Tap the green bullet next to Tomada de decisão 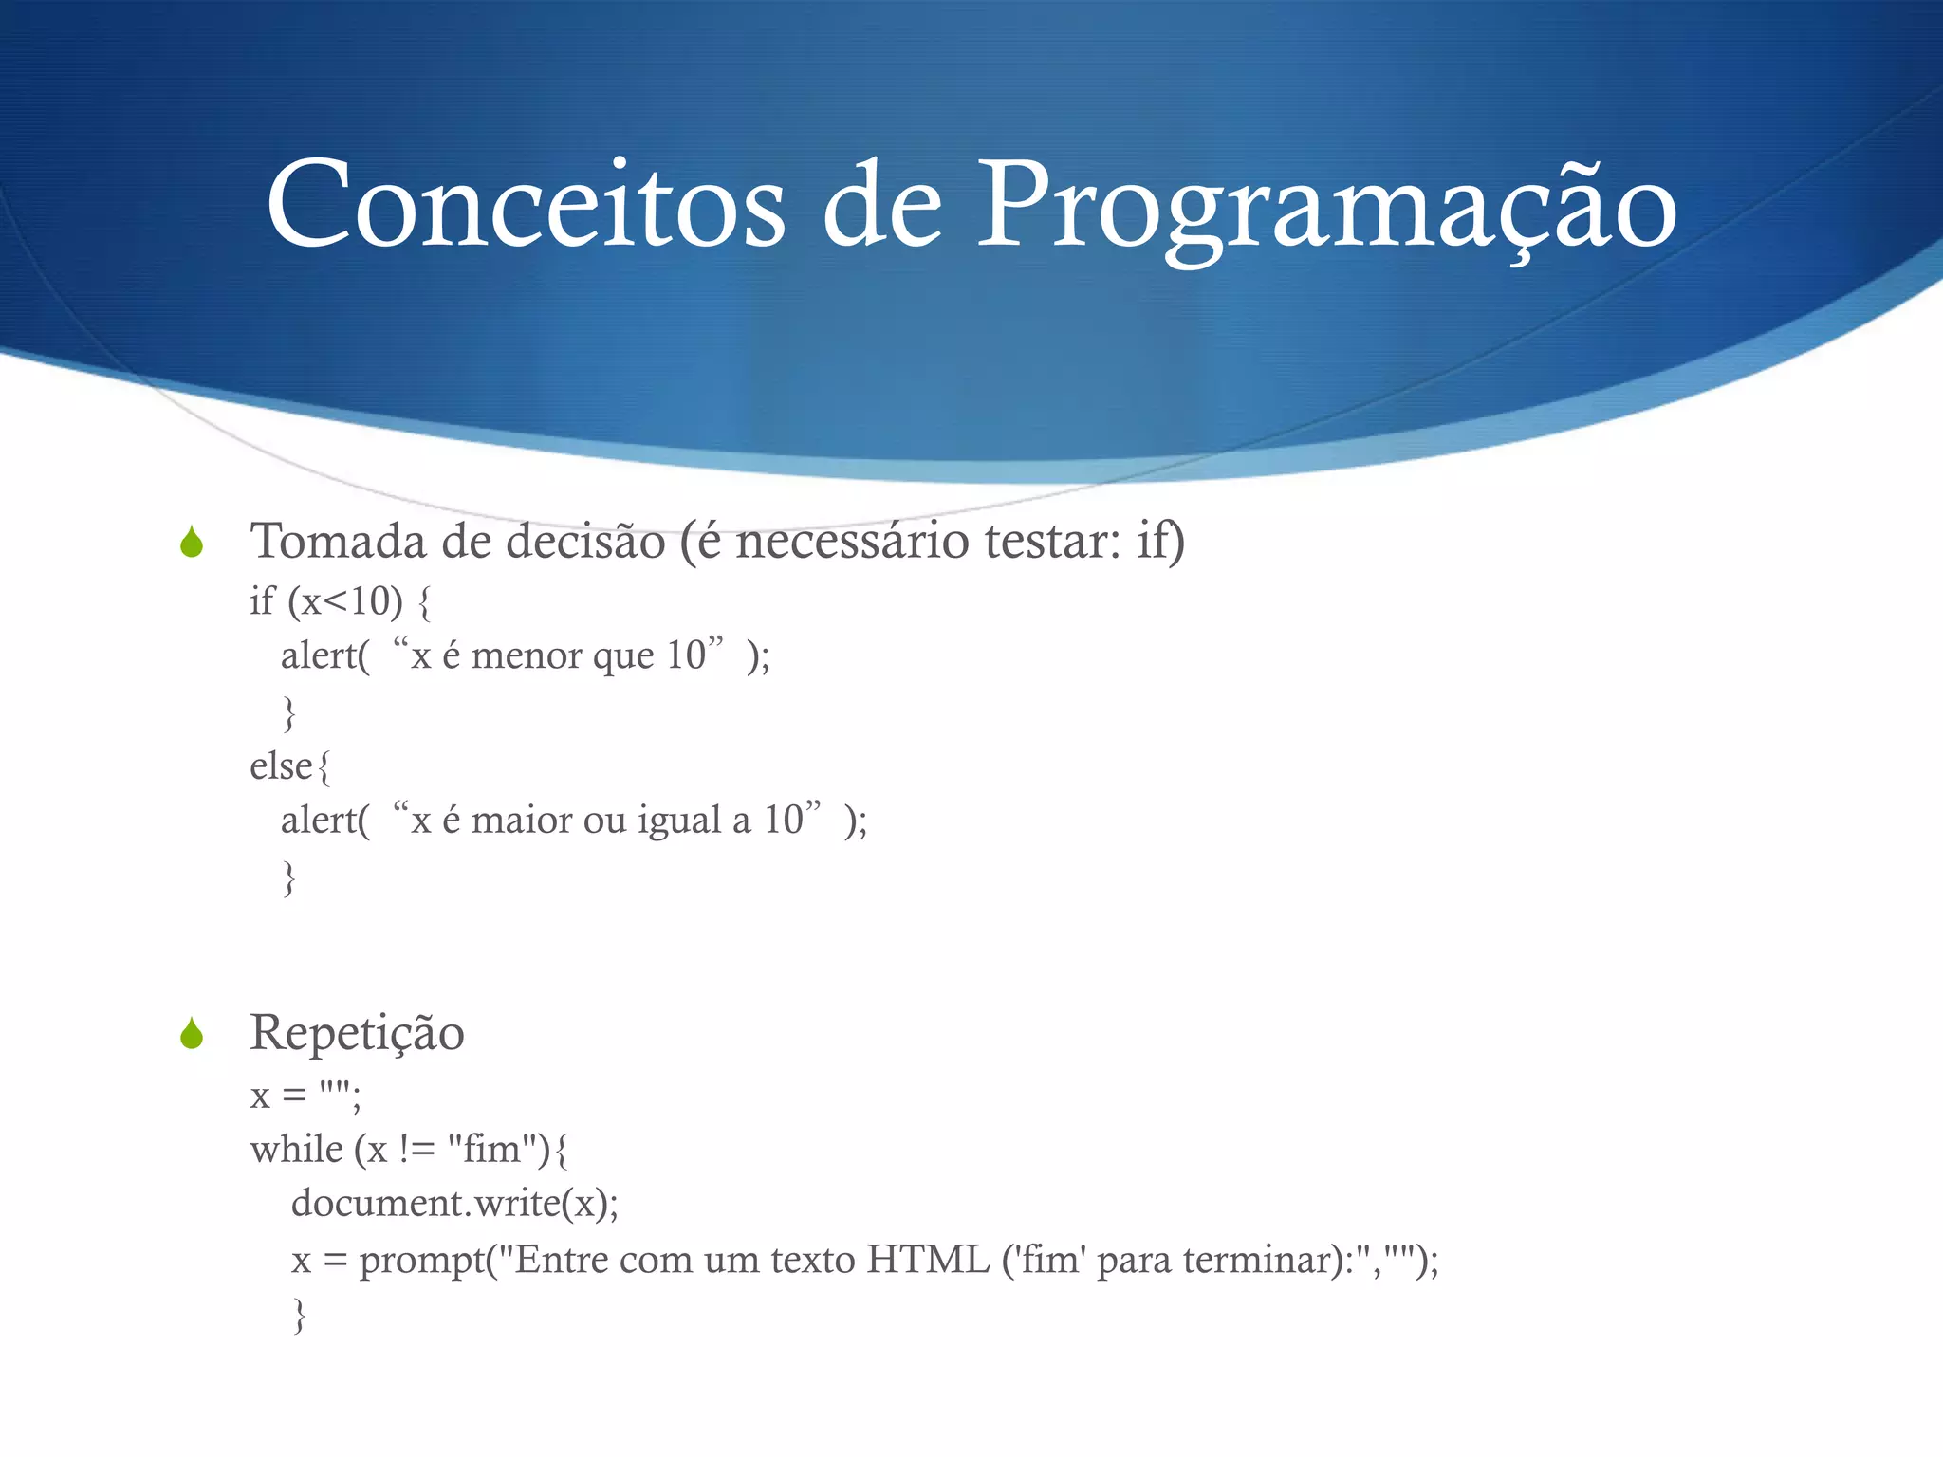tap(192, 543)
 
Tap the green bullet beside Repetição tap(192, 1034)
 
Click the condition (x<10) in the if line tap(345, 601)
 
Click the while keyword tap(296, 1150)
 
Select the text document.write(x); tap(454, 1204)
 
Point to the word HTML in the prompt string tap(928, 1261)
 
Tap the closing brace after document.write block tap(300, 1316)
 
